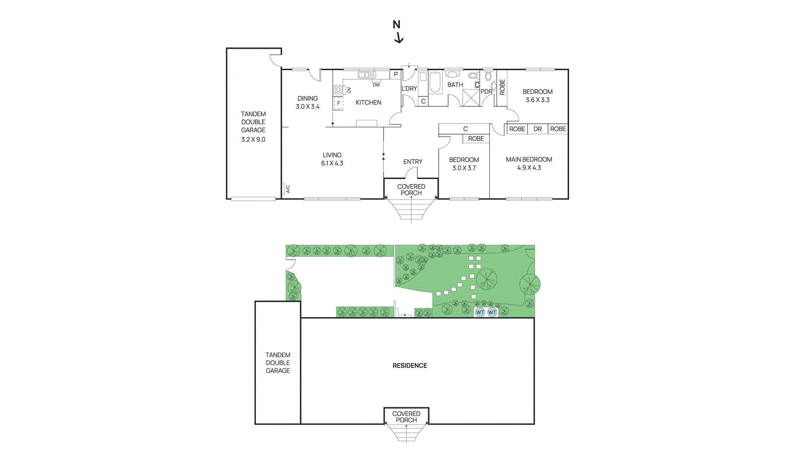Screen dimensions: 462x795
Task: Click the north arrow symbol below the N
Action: [398, 38]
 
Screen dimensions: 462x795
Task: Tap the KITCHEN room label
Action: [368, 102]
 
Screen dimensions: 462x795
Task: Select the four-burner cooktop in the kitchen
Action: [338, 90]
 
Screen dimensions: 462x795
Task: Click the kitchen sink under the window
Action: [367, 75]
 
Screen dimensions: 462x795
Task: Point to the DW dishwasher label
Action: [376, 85]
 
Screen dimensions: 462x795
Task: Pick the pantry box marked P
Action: [396, 75]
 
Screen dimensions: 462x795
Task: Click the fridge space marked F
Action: [339, 103]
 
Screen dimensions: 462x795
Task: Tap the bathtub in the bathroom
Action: [435, 83]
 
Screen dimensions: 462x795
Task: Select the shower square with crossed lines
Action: [470, 97]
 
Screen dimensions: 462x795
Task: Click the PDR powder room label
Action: [486, 92]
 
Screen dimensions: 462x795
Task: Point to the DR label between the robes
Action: [537, 129]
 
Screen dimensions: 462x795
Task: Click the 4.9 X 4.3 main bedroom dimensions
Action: [529, 168]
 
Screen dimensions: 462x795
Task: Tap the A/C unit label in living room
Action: [287, 189]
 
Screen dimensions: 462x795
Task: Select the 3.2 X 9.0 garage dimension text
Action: [253, 139]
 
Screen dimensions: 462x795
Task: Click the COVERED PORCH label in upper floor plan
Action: [411, 189]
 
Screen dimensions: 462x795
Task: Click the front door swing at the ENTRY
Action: [411, 172]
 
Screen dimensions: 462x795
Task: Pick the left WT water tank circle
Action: [479, 312]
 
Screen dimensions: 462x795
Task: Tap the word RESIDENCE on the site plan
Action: [409, 366]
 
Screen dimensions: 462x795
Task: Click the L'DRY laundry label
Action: [409, 89]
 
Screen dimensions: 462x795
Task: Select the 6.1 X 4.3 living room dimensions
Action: [332, 163]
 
